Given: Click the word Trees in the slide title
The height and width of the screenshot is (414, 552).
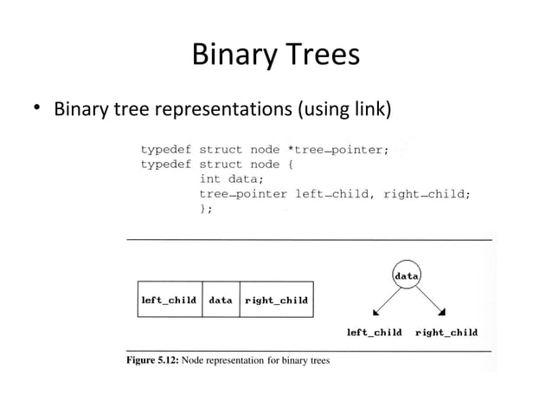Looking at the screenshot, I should click(x=318, y=56).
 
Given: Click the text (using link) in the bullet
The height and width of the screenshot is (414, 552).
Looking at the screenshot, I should click(x=344, y=111).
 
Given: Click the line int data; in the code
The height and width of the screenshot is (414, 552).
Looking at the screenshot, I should click(x=231, y=179).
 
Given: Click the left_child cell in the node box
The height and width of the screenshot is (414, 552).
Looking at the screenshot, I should click(x=170, y=300).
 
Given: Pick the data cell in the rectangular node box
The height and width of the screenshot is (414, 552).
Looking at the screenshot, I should click(x=221, y=300).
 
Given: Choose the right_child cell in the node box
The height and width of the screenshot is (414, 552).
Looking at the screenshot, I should click(x=276, y=300).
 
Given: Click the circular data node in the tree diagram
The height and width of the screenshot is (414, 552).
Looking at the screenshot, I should click(x=407, y=275).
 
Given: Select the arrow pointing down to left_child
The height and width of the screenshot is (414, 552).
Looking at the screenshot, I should click(x=384, y=301).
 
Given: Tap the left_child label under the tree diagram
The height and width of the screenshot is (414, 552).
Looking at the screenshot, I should click(x=374, y=332).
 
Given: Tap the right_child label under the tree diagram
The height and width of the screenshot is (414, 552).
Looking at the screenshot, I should click(x=446, y=332).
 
